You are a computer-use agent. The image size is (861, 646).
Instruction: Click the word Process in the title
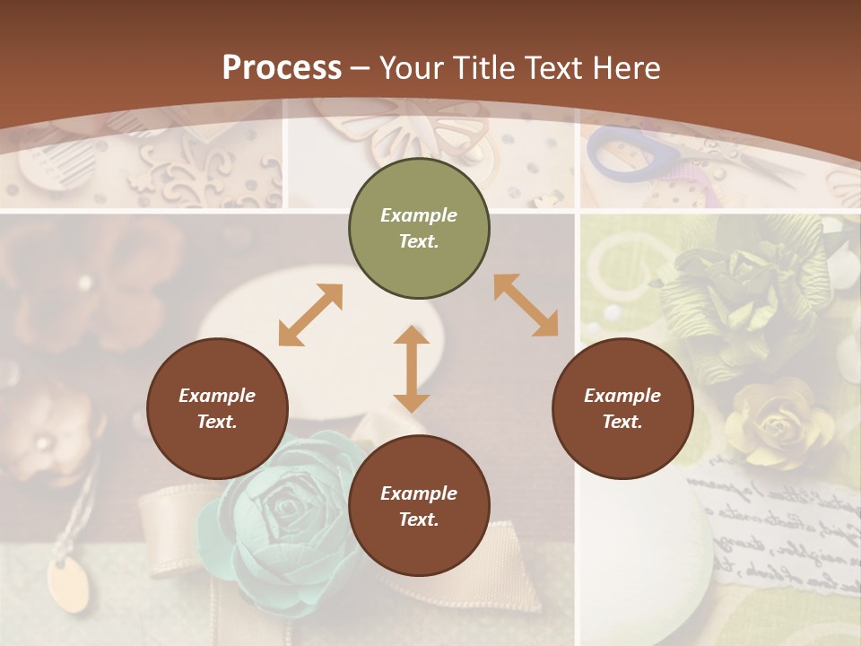pyautogui.click(x=282, y=68)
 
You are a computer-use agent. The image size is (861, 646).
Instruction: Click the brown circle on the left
pyautogui.click(x=217, y=408)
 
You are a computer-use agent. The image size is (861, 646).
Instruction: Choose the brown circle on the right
pyautogui.click(x=622, y=408)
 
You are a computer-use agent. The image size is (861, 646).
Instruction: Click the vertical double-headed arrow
pyautogui.click(x=412, y=369)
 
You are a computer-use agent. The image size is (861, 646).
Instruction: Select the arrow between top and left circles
pyautogui.click(x=310, y=314)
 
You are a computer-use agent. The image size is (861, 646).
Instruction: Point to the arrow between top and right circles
pyautogui.click(x=526, y=305)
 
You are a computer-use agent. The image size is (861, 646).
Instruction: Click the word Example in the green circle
pyautogui.click(x=419, y=215)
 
